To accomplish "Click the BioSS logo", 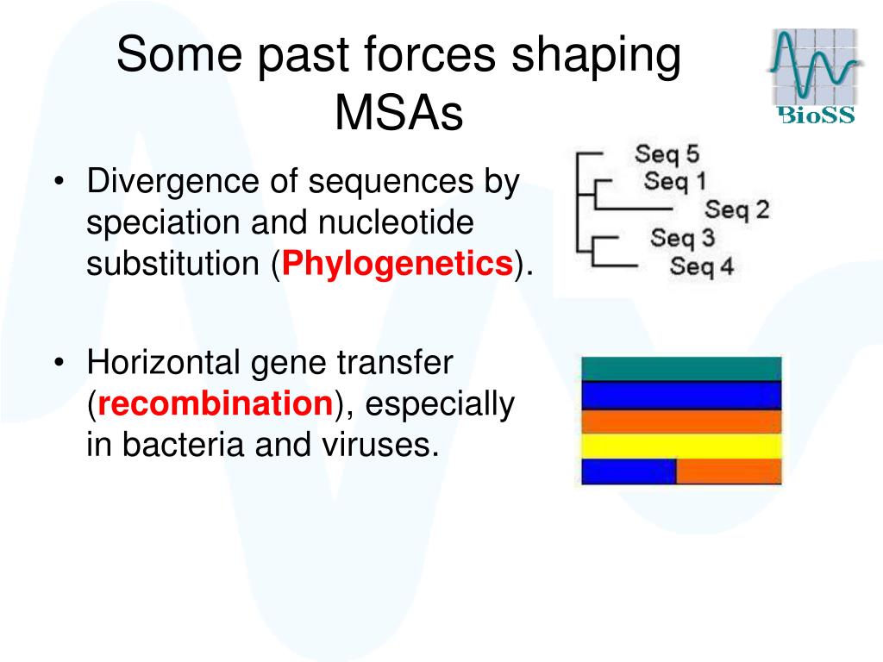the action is point(814,76).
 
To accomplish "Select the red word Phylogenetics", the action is point(397,263).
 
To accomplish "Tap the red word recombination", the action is point(216,403).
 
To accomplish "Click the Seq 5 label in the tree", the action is point(667,153).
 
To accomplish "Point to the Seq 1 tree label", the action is point(674,181).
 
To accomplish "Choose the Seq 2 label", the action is point(736,209).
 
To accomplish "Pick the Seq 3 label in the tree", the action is point(683,238).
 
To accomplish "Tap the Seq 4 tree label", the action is point(702,265).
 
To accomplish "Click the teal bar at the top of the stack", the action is point(681,369).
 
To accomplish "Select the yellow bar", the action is point(681,447).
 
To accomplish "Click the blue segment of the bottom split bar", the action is point(629,472).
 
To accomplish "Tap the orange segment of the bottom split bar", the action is point(729,472).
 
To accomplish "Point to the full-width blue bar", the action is point(681,395).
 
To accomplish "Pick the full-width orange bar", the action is point(681,422).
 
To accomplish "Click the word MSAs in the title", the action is point(398,112).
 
